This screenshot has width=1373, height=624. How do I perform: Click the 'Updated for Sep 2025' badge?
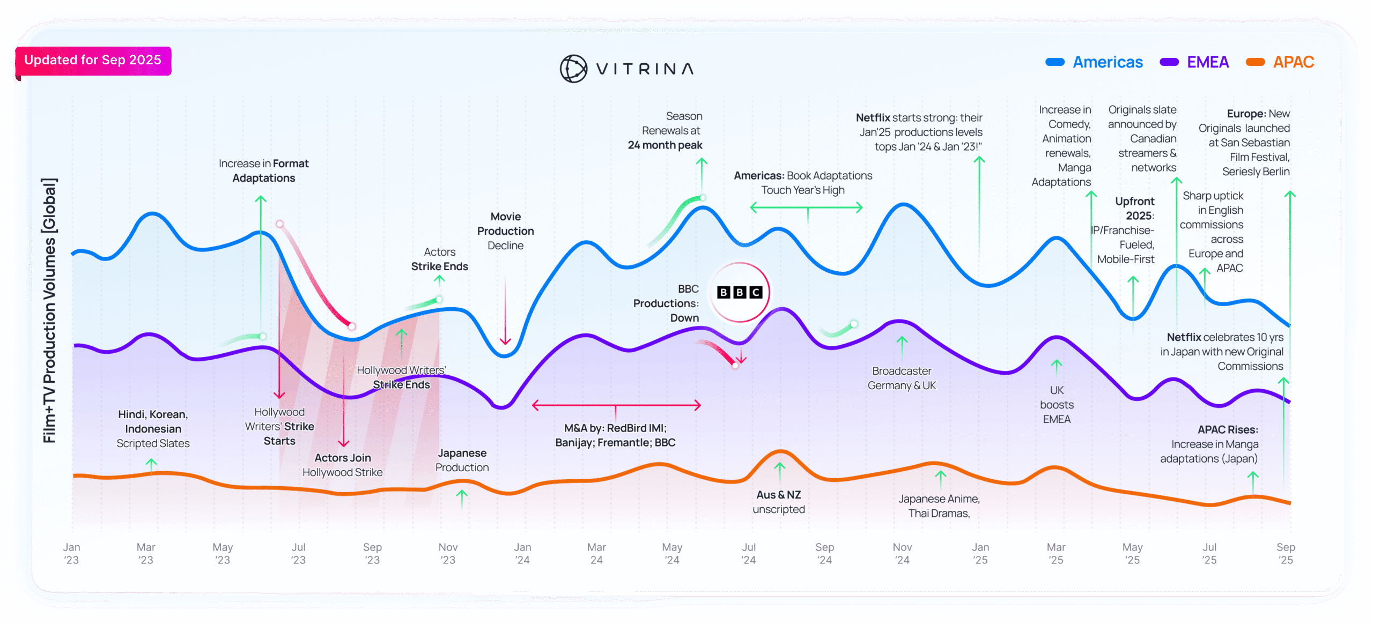point(93,60)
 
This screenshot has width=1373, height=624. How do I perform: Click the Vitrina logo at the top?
point(626,69)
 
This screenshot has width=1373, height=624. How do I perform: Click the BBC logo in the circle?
point(740,292)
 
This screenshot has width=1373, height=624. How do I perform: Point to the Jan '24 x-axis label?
point(522,553)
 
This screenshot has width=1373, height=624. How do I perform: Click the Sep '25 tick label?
point(1286,553)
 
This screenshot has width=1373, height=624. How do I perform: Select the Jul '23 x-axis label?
point(298,553)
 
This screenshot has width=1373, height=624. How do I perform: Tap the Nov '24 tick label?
point(902,553)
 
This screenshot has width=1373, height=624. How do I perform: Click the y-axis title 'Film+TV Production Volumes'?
point(49,311)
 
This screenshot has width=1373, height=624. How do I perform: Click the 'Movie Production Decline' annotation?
point(505,231)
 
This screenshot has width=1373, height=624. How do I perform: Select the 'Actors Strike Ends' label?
point(439,259)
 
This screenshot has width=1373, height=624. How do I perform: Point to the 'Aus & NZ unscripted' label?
point(779,502)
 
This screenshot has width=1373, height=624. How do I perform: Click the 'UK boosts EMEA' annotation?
point(1057,405)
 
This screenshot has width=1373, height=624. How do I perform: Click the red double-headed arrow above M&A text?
point(616,405)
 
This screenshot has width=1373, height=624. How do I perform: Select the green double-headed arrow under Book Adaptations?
point(806,207)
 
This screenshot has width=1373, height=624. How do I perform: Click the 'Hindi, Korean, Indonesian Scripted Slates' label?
point(153,429)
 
